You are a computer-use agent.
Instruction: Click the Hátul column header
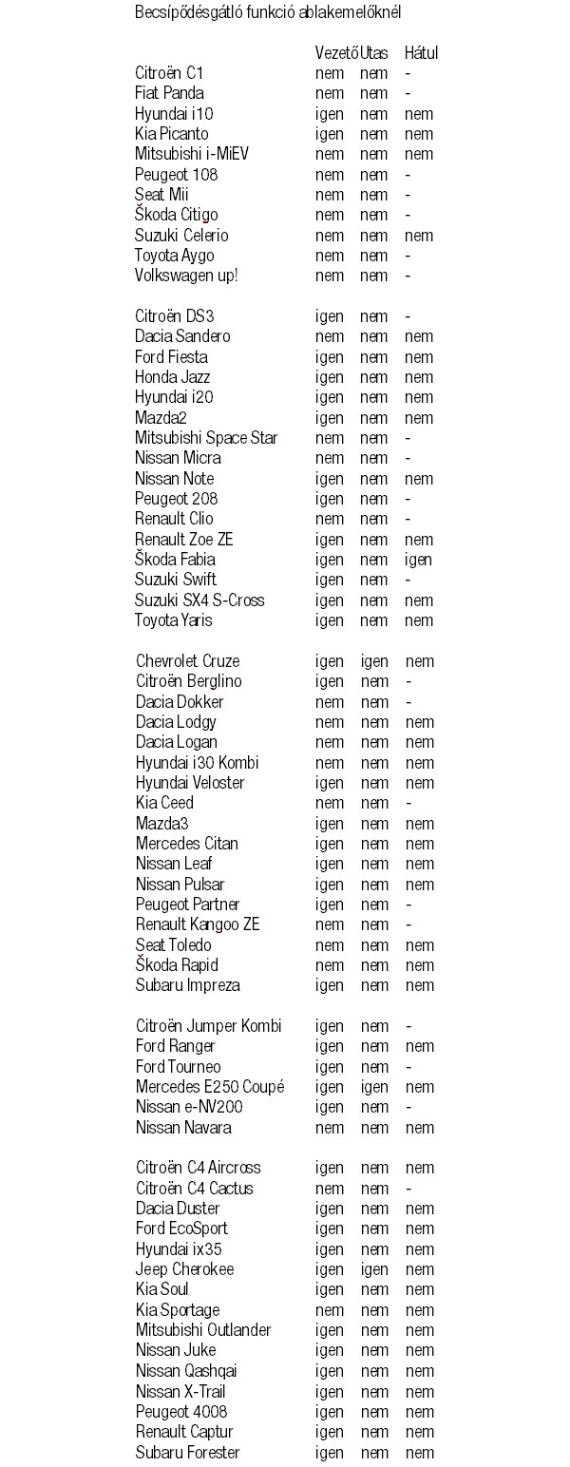(x=421, y=52)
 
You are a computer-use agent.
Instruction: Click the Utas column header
(x=374, y=52)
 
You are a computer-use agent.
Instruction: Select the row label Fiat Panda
(x=169, y=93)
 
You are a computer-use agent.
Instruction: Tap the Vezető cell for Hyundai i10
(x=330, y=114)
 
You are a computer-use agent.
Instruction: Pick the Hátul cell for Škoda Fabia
(x=418, y=560)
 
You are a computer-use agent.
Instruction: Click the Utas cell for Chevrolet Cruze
(x=374, y=661)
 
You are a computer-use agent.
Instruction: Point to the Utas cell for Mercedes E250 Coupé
(x=374, y=1087)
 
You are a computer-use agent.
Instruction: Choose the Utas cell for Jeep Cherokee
(x=374, y=1269)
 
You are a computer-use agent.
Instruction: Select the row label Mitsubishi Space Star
(x=206, y=438)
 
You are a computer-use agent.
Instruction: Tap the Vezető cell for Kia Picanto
(x=330, y=134)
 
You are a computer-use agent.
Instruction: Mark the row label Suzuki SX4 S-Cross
(x=199, y=600)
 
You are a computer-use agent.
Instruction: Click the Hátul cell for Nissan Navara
(x=421, y=1128)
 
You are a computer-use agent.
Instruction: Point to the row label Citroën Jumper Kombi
(x=209, y=1026)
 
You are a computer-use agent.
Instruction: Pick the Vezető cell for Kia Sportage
(x=330, y=1310)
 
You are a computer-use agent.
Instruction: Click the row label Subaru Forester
(x=188, y=1452)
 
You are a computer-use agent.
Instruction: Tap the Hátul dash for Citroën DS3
(x=408, y=316)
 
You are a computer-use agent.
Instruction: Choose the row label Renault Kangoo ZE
(x=198, y=924)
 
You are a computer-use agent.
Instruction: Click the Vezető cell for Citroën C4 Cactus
(x=330, y=1189)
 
